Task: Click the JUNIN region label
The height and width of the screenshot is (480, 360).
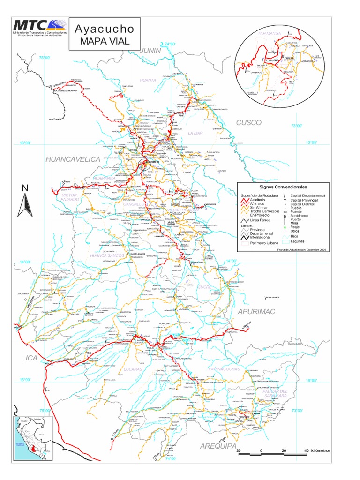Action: click(151, 50)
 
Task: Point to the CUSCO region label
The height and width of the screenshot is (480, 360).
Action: click(248, 122)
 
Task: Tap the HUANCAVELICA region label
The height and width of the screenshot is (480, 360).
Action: click(73, 159)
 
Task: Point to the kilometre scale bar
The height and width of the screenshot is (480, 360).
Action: click(272, 454)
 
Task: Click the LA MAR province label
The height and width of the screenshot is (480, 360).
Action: click(194, 133)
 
